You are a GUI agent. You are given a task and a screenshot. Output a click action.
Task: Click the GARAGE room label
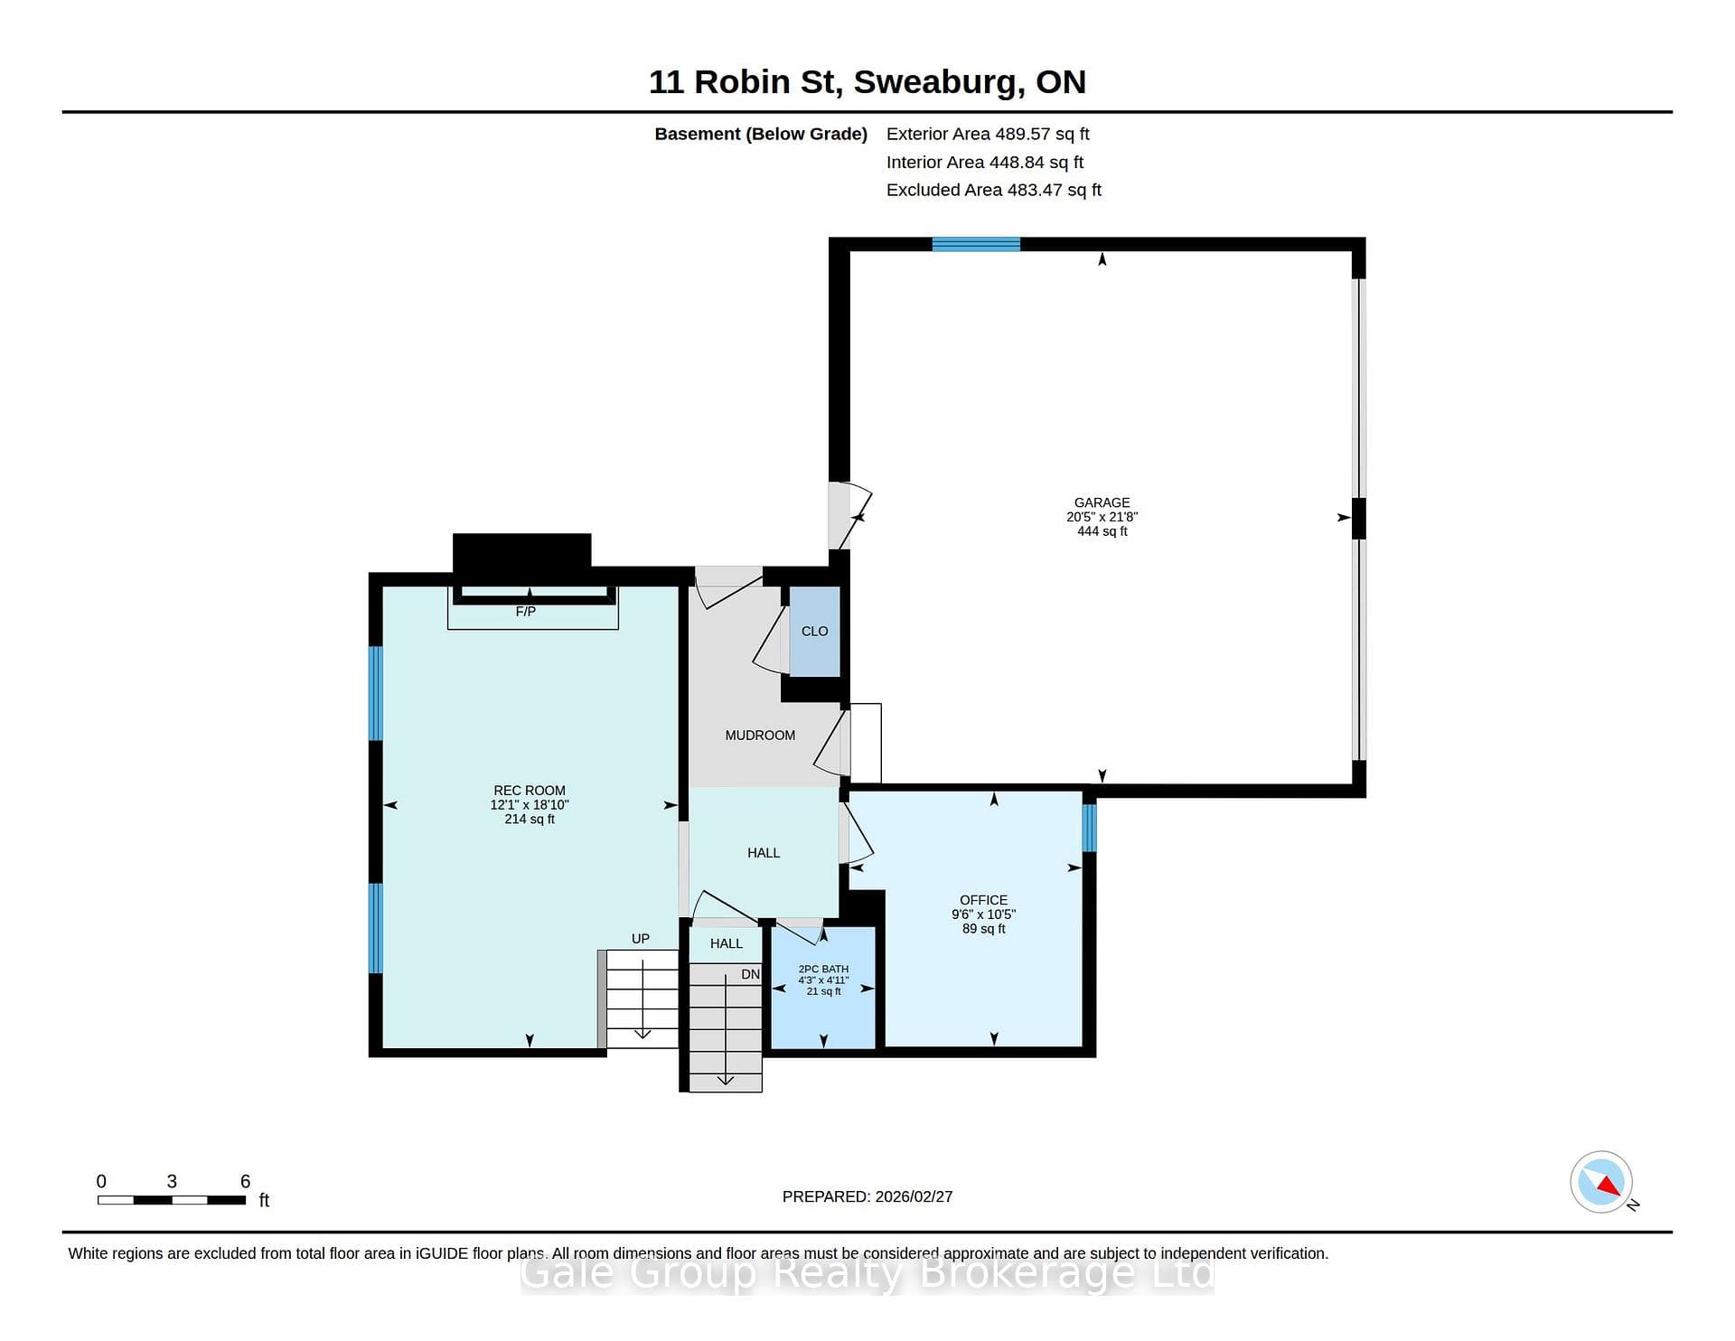1102,502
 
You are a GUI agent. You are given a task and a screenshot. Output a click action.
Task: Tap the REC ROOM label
530,791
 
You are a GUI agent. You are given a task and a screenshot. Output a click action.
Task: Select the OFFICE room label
983,900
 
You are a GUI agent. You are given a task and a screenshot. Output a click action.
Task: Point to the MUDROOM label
760,736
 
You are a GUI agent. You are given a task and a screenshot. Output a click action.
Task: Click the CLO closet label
814,632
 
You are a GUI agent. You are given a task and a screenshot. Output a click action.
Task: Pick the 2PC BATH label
823,969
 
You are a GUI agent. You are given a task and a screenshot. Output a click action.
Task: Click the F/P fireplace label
526,612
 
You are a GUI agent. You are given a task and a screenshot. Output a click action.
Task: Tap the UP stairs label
641,939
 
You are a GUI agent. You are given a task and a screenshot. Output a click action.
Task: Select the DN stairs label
751,974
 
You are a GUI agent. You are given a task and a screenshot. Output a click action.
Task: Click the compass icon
1602,1182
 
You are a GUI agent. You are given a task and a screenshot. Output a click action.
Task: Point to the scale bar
172,1200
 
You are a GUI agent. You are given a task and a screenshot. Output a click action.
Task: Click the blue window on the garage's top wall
976,244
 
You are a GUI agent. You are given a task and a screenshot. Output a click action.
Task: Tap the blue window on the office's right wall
1090,828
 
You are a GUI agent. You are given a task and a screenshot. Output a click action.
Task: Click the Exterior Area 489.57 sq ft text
988,134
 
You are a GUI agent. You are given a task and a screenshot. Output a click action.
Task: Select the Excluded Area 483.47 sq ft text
994,190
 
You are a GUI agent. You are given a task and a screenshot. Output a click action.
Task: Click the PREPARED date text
867,1196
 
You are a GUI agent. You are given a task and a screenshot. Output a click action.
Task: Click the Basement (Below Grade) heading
761,134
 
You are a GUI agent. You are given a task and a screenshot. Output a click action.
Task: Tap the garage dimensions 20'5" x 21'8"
1102,517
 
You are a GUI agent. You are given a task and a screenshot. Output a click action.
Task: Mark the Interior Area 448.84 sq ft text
985,163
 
